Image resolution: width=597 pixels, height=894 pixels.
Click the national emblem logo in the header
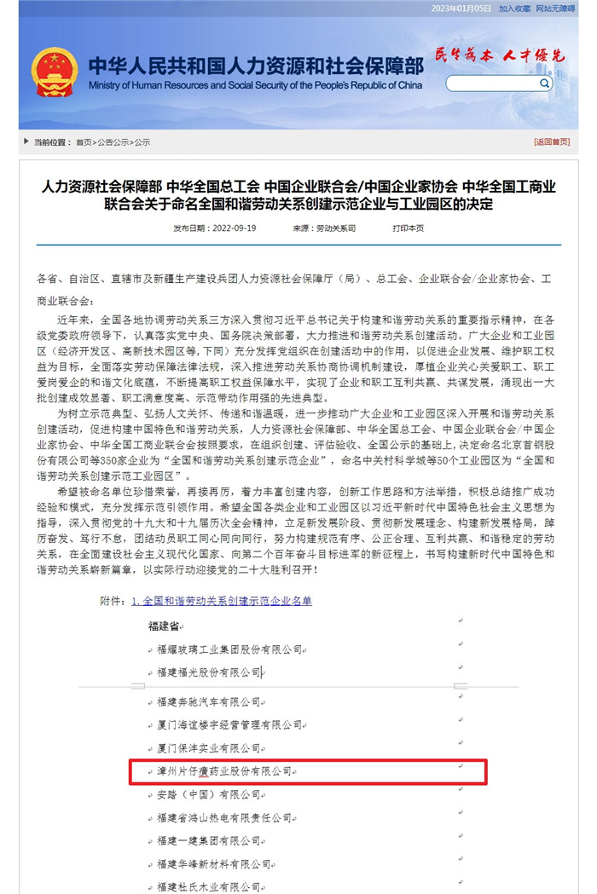[x=54, y=72]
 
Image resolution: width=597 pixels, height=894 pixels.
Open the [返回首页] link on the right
[x=552, y=141]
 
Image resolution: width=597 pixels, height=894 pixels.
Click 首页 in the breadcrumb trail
[x=84, y=141]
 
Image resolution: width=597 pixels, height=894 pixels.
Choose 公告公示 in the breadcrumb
[x=113, y=141]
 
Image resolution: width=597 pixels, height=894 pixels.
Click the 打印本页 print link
[x=408, y=228]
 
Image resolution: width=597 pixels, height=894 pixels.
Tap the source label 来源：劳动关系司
[x=323, y=228]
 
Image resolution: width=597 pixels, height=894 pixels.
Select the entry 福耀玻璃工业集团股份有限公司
[x=229, y=649]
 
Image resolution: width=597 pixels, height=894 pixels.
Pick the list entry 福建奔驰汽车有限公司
[x=209, y=701]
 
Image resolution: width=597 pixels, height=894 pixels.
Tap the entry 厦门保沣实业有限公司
[x=209, y=747]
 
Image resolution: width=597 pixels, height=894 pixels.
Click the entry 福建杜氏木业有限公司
[x=209, y=886]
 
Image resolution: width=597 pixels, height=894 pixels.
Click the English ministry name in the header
[x=255, y=85]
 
